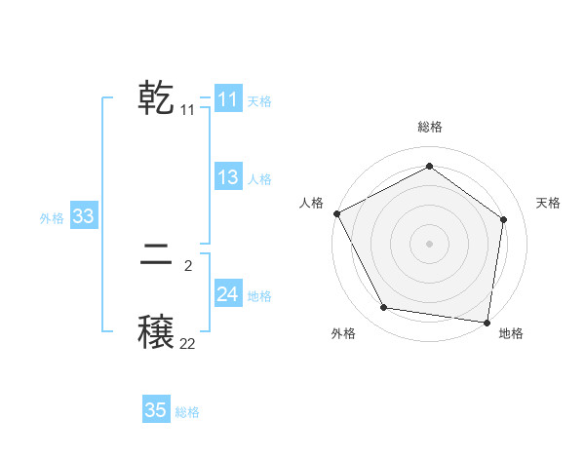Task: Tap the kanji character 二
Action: pos(157,257)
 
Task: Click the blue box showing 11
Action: pos(227,99)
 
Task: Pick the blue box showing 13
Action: pos(227,177)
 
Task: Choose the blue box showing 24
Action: pos(227,294)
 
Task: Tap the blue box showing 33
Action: pos(83,216)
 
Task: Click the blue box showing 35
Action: pos(156,410)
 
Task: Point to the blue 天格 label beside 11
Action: pos(259,100)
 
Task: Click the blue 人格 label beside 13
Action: pos(259,178)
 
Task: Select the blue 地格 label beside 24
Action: pos(259,295)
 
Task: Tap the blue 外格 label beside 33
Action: pos(52,217)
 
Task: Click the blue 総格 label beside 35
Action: pos(187,411)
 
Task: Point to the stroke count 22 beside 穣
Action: pos(187,343)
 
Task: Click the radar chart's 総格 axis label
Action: pos(430,127)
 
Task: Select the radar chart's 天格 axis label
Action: pos(549,203)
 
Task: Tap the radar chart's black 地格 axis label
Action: pos(511,333)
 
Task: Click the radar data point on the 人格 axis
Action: pos(336,213)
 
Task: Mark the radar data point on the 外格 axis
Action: pos(384,308)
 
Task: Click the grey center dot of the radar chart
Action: pos(430,243)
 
